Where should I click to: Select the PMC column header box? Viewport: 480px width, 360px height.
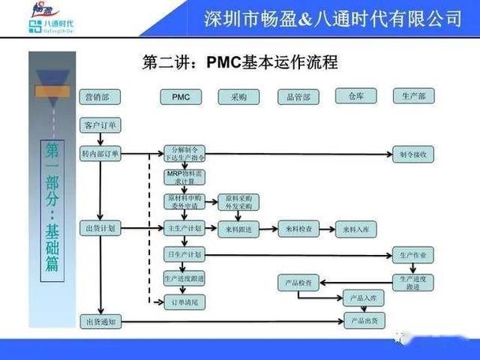click(x=181, y=97)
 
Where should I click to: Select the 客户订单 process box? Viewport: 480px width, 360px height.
click(x=101, y=126)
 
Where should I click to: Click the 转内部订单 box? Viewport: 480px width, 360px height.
click(x=101, y=154)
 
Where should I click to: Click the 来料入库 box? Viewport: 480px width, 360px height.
click(x=356, y=228)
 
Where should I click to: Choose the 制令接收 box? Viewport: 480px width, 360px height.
click(x=414, y=154)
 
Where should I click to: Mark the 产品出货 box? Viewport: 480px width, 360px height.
click(x=363, y=321)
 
